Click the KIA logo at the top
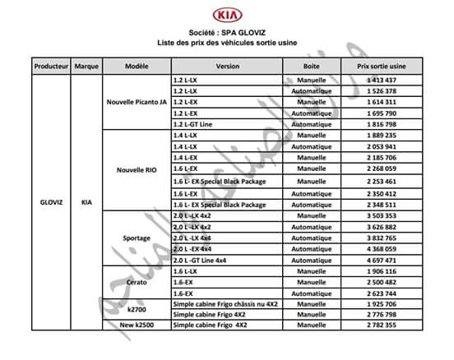click(x=227, y=16)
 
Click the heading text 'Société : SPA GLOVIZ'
click(x=227, y=30)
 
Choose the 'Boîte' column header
click(x=311, y=64)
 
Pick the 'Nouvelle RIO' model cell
click(x=137, y=170)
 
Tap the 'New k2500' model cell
click(x=137, y=326)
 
